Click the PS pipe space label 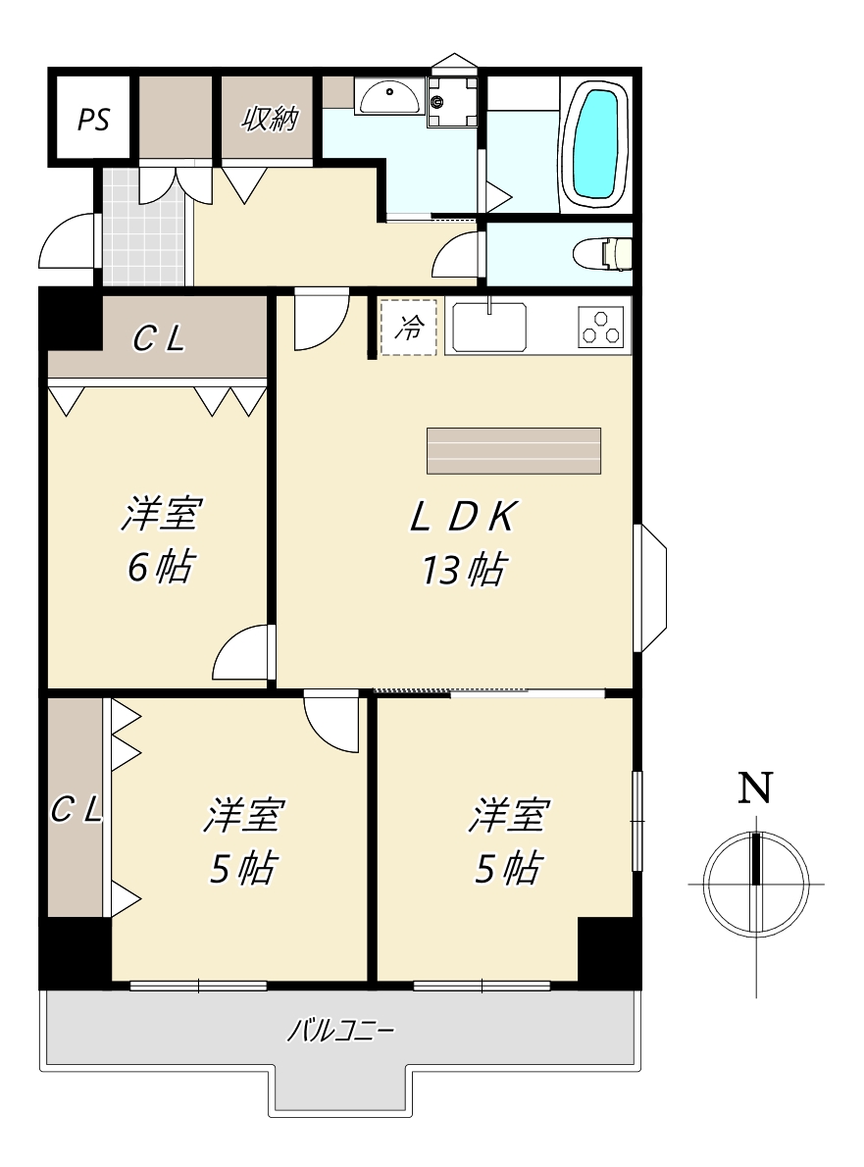(x=94, y=119)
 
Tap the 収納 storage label (x=270, y=118)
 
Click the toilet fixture (x=602, y=254)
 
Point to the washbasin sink (x=387, y=97)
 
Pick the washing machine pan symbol (x=452, y=102)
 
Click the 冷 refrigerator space (x=409, y=326)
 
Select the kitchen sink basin (x=489, y=327)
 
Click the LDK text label (x=462, y=517)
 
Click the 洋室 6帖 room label (x=161, y=538)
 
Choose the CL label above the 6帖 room (x=159, y=339)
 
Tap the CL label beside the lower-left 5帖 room (x=76, y=809)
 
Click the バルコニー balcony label (x=341, y=1031)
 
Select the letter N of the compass (x=755, y=786)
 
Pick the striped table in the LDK (x=514, y=451)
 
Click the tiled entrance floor (x=143, y=227)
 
